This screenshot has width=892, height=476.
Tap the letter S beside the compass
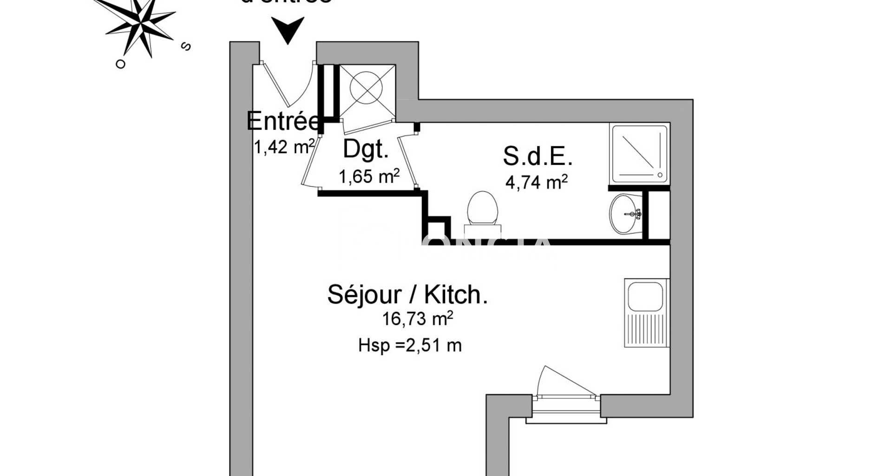pyautogui.click(x=186, y=46)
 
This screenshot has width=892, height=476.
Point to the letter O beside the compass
pyautogui.click(x=121, y=64)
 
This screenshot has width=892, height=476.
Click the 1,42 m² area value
pyautogui.click(x=284, y=147)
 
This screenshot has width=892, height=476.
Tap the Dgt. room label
pyautogui.click(x=366, y=149)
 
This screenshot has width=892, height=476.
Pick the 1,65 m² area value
pyautogui.click(x=369, y=177)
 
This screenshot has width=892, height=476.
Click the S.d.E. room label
pyautogui.click(x=538, y=156)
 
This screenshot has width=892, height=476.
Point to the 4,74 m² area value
pyautogui.click(x=537, y=182)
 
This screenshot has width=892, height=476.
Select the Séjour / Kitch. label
pyautogui.click(x=407, y=294)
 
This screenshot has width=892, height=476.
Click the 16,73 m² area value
pyautogui.click(x=417, y=319)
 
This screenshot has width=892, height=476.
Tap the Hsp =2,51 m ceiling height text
pyautogui.click(x=410, y=345)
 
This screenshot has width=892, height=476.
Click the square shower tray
pyautogui.click(x=640, y=153)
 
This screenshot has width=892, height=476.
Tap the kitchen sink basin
pyautogui.click(x=645, y=296)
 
